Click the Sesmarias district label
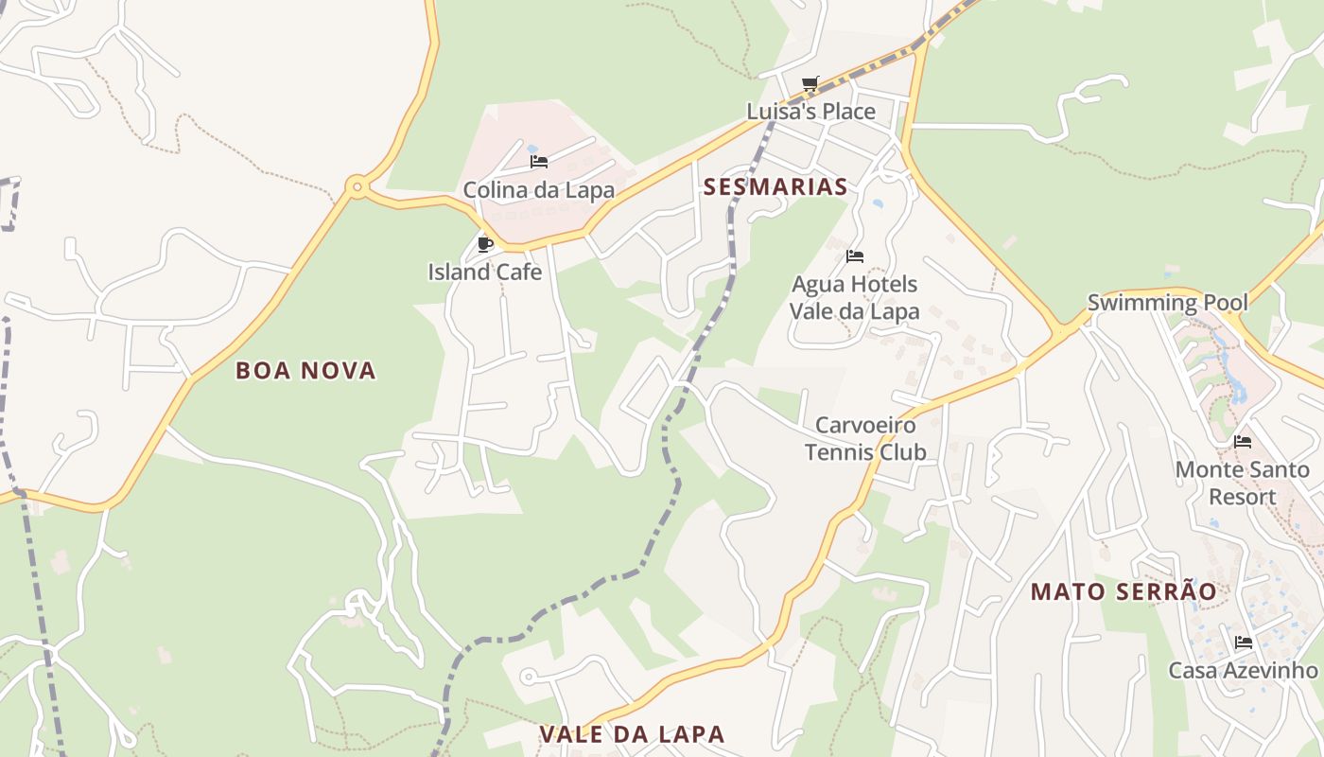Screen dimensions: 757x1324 tap(775, 186)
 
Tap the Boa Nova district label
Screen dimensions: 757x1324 tap(305, 370)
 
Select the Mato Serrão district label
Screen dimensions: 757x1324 tap(1124, 591)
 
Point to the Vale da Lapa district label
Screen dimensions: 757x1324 tap(632, 733)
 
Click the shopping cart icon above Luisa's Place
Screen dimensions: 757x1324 tap(810, 84)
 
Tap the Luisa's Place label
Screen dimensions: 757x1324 tap(811, 112)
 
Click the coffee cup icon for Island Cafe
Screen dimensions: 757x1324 tap(485, 244)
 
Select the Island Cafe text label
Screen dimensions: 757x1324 tap(485, 273)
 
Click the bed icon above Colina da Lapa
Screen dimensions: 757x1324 tap(538, 162)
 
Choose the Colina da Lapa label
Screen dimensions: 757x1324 tap(538, 190)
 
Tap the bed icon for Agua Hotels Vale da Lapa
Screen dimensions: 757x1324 tap(854, 255)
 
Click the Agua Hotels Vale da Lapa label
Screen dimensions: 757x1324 tap(854, 297)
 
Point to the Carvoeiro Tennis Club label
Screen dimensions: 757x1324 tap(865, 438)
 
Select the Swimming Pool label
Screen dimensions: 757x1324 tap(1167, 303)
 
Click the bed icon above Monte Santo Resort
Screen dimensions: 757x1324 tap(1242, 441)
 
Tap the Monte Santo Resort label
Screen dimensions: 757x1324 tap(1242, 483)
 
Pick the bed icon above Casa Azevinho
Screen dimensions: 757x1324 tap(1243, 642)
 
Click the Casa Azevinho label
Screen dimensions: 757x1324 tap(1243, 670)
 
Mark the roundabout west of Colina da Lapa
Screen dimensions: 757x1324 tap(357, 186)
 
